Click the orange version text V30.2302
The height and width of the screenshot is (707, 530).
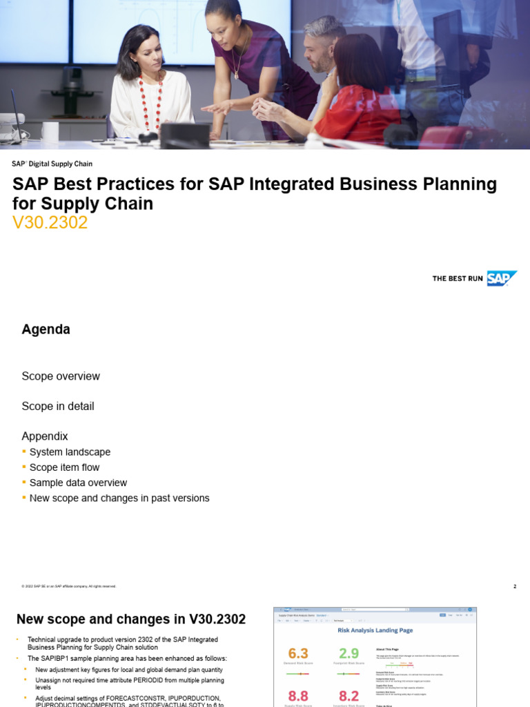50,223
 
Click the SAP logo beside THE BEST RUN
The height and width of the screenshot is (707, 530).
502,278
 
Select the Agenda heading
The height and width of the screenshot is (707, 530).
46,329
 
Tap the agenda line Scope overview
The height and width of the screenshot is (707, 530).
61,376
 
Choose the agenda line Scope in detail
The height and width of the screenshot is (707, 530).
58,406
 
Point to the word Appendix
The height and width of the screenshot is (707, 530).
45,436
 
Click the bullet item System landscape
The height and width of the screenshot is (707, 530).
70,452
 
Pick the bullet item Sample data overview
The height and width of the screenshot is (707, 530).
78,483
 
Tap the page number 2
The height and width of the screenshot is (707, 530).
514,587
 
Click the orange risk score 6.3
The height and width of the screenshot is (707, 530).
298,653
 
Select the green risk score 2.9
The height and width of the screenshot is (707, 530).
349,653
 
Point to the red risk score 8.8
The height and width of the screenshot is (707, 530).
298,696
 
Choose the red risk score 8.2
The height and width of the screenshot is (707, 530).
349,696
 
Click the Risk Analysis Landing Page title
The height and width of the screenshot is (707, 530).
375,630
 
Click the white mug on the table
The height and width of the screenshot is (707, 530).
50,131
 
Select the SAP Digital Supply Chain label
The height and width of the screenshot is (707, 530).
52,164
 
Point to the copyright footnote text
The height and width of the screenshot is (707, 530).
69,587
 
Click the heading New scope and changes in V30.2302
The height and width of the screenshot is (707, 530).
131,619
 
